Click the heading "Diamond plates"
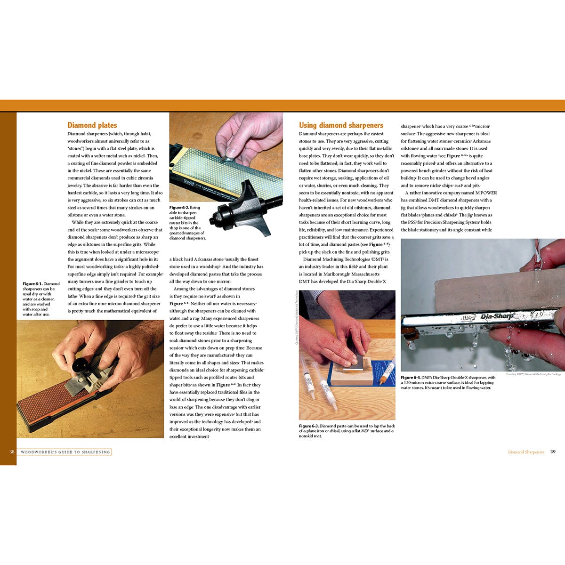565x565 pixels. click(x=92, y=125)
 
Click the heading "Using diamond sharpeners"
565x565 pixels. click(x=341, y=125)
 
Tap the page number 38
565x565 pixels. click(x=12, y=452)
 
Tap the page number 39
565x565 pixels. click(x=553, y=452)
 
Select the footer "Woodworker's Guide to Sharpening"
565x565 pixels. click(x=65, y=452)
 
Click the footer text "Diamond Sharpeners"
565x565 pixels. click(x=526, y=452)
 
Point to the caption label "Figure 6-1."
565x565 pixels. click(x=32, y=284)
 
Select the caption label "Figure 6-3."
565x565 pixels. click(x=308, y=426)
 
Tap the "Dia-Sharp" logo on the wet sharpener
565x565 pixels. click(x=497, y=316)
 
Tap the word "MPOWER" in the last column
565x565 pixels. click(x=486, y=193)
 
